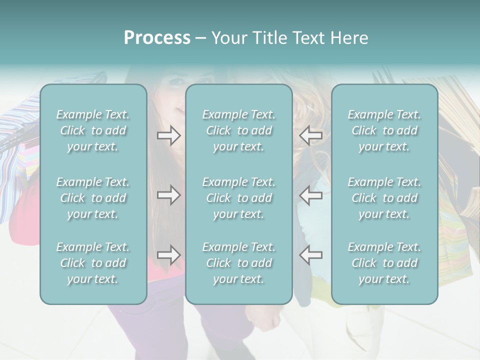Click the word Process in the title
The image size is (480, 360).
click(157, 38)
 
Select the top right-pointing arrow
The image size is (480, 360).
click(168, 135)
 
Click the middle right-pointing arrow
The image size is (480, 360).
click(168, 195)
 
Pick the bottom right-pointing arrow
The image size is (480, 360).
click(168, 255)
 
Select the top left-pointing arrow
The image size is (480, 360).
click(310, 135)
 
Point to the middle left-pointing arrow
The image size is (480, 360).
click(310, 195)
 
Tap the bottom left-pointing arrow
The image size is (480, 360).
click(310, 255)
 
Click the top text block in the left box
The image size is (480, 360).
click(93, 130)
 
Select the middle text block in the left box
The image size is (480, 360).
click(93, 198)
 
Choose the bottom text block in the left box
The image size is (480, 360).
click(93, 263)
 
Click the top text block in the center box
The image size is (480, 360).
click(239, 130)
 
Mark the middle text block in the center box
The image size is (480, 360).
click(239, 198)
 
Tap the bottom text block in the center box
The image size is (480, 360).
click(239, 263)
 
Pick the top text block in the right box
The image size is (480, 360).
click(384, 130)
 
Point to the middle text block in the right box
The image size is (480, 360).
click(384, 198)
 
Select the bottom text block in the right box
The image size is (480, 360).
click(384, 263)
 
